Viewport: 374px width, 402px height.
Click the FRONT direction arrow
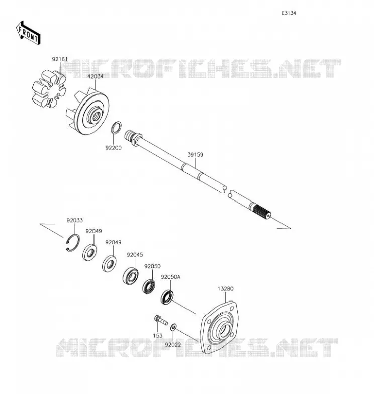point(28,33)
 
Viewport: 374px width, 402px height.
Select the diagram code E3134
point(289,13)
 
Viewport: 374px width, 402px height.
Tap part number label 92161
point(60,59)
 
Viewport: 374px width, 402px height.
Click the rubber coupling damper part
point(49,88)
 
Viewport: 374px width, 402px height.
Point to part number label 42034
point(96,76)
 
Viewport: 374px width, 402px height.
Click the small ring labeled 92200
point(116,128)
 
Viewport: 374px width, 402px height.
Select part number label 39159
point(195,155)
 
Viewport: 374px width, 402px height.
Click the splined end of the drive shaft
point(261,211)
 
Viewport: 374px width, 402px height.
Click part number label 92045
point(135,255)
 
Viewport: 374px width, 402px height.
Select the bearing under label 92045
point(130,276)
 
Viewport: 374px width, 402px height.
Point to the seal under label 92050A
point(167,297)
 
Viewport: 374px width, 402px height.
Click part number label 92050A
point(170,277)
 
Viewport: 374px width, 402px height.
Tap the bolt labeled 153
point(161,320)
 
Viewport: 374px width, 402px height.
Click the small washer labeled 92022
point(173,327)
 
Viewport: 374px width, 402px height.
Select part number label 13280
point(226,289)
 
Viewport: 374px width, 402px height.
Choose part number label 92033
point(74,220)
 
